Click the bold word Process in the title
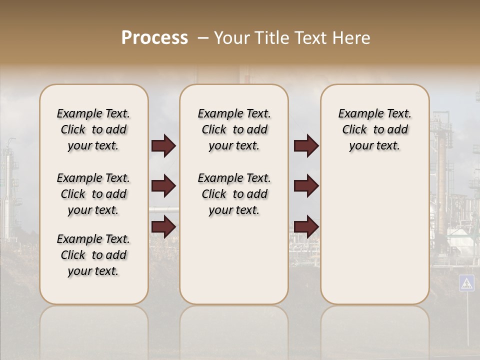pos(154,38)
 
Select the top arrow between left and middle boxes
pos(163,146)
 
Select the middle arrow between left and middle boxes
pos(163,186)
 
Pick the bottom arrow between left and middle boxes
pos(163,226)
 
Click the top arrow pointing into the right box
pos(306,146)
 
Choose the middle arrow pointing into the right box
pos(306,186)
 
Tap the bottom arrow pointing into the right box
pos(306,226)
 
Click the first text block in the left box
pos(93,129)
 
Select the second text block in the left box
pos(93,194)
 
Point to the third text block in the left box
pos(93,255)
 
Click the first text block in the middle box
pos(234,129)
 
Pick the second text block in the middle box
pos(234,194)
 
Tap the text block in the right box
pos(374,129)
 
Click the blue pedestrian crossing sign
pos(466,283)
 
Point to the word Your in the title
pos(231,38)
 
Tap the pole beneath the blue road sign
pos(467,320)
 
